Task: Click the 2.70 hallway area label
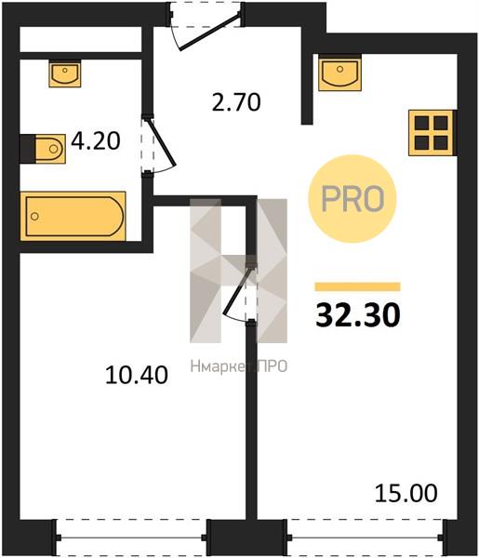236,102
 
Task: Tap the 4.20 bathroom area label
96,141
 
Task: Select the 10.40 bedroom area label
137,375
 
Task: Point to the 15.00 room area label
406,494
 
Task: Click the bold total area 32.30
358,315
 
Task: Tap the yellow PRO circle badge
353,199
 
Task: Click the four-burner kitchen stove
431,133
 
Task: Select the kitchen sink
339,73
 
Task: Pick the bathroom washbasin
65,73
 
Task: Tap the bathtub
73,216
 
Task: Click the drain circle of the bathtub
34,216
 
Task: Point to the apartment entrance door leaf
209,32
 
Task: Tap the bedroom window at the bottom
131,538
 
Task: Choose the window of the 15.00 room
366,538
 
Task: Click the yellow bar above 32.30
358,286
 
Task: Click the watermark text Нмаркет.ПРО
239,366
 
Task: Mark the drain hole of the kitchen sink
339,69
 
